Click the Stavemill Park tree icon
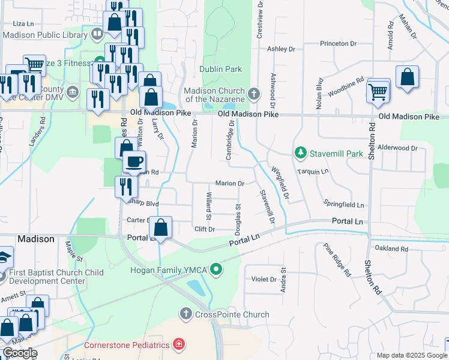301,154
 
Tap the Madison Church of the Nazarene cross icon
255,94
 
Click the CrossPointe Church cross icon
186,314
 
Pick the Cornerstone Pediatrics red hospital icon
178,344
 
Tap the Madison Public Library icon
97,34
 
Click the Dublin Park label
221,69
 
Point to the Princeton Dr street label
339,44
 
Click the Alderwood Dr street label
398,148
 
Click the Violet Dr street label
264,279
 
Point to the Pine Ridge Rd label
337,260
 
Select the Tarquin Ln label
313,172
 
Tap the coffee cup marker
134,161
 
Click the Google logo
20,353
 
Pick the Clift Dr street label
205,229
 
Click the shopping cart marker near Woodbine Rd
378,91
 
